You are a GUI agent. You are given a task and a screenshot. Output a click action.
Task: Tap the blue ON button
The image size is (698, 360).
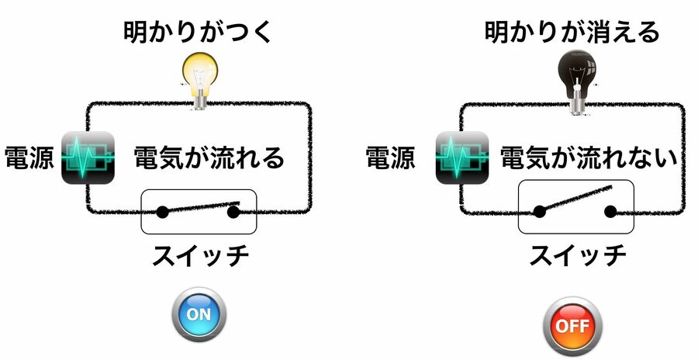[199, 313]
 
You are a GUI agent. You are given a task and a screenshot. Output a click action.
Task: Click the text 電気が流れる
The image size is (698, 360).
[209, 157]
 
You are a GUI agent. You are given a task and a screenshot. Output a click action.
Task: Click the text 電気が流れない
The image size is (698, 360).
[589, 157]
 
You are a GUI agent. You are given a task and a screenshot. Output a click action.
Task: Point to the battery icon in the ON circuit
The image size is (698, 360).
[88, 158]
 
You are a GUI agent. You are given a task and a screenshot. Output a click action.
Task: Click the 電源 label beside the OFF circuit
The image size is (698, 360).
[391, 157]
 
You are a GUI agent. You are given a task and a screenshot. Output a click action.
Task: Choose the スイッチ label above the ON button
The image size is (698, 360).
[199, 254]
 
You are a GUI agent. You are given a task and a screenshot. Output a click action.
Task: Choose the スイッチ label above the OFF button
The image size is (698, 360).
[577, 254]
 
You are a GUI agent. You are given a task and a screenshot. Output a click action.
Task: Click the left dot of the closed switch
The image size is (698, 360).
[163, 211]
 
